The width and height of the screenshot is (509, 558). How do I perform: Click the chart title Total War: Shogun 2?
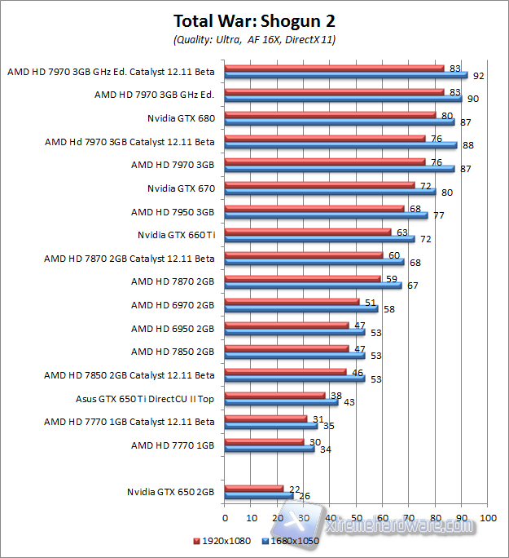(x=254, y=20)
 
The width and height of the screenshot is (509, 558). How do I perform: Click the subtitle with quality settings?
(x=254, y=38)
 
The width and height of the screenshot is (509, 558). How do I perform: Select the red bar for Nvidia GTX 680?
(x=330, y=115)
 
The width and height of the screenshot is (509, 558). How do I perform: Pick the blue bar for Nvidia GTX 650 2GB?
(x=259, y=496)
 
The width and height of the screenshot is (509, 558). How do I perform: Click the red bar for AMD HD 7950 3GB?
(x=314, y=208)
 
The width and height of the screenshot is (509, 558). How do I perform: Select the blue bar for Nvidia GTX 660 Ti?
(x=319, y=239)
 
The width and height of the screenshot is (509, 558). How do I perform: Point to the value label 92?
(x=478, y=76)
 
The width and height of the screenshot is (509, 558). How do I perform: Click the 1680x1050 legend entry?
(x=292, y=540)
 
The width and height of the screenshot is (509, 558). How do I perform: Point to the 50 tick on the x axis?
(x=357, y=517)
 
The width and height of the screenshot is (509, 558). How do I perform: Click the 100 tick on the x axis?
(x=489, y=517)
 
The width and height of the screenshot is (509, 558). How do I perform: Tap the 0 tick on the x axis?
(x=225, y=517)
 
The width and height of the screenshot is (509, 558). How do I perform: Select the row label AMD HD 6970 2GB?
(x=173, y=305)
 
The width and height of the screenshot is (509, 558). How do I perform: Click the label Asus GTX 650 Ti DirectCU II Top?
(x=145, y=399)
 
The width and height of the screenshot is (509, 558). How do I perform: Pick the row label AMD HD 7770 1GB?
(x=173, y=445)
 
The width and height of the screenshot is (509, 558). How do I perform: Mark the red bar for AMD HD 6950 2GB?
(x=287, y=325)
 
